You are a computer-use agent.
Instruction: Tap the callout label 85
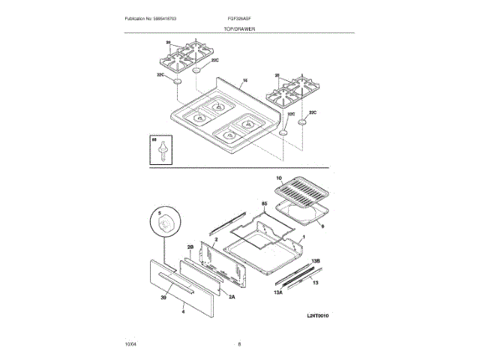[264, 204]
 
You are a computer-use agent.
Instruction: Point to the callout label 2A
[232, 297]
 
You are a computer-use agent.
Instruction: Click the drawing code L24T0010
[318, 316]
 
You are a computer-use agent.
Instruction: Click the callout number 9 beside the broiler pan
[321, 225]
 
